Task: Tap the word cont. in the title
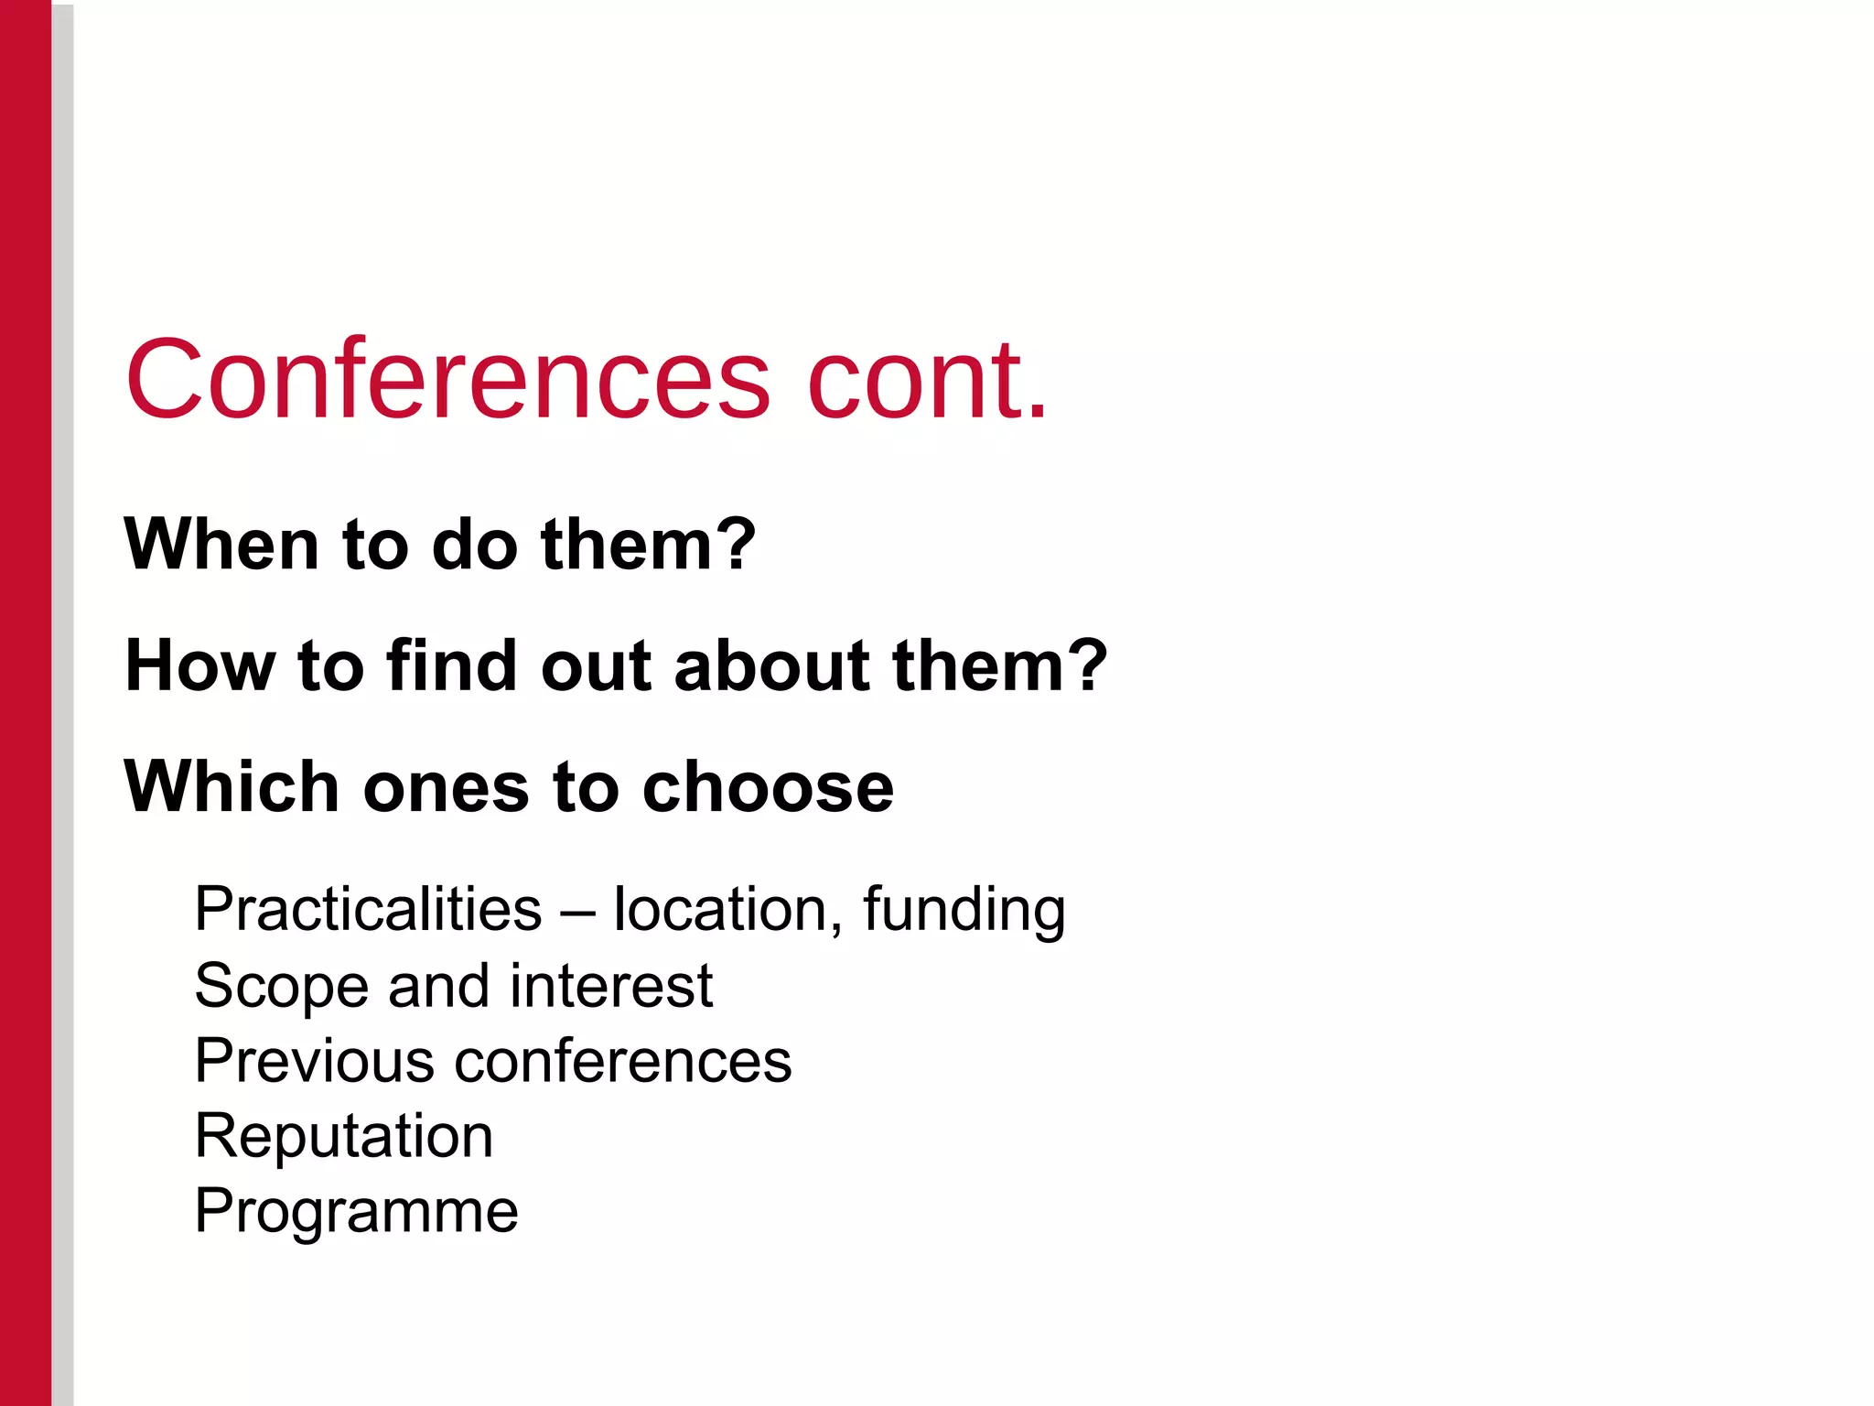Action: point(926,379)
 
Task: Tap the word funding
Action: point(964,911)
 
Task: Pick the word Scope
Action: point(281,988)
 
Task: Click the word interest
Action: point(611,986)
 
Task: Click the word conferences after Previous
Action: point(623,1061)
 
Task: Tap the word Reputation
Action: point(344,1138)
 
